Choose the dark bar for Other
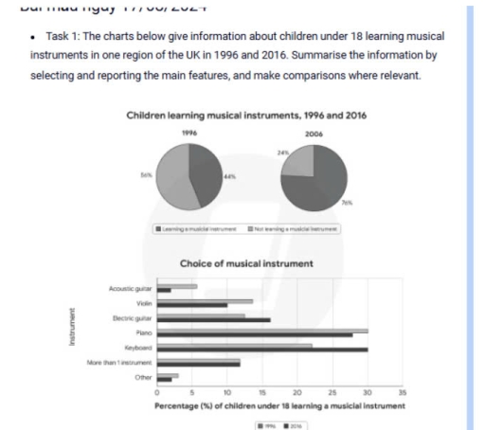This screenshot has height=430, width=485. coord(164,379)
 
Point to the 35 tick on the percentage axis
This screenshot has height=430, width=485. coord(403,392)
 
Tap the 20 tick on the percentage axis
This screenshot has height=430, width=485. coord(297,392)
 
